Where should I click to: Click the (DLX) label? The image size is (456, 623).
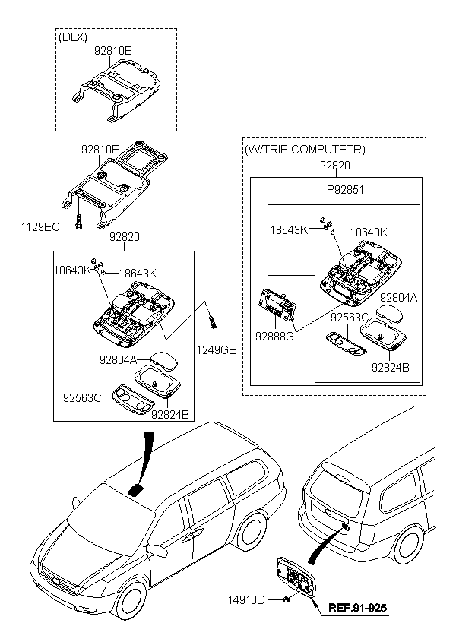point(73,37)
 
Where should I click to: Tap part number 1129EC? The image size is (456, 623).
point(40,227)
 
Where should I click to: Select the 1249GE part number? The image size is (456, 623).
point(217,349)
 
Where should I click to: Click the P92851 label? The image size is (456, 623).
point(345,190)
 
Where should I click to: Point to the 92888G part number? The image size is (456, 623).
point(274,336)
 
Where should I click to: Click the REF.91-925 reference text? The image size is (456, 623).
point(357,608)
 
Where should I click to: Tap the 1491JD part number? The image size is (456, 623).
point(246,599)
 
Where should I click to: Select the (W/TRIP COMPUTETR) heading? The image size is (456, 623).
point(304,150)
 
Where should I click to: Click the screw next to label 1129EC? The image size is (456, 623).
point(79,222)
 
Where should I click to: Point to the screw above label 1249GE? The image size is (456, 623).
point(213,321)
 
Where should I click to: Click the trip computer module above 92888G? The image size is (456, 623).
point(277,305)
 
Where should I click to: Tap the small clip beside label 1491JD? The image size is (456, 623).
point(286,599)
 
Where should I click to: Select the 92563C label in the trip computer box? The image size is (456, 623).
point(350,318)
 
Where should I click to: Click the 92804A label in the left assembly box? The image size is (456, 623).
point(118,360)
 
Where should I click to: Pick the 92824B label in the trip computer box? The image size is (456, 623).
point(391,368)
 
